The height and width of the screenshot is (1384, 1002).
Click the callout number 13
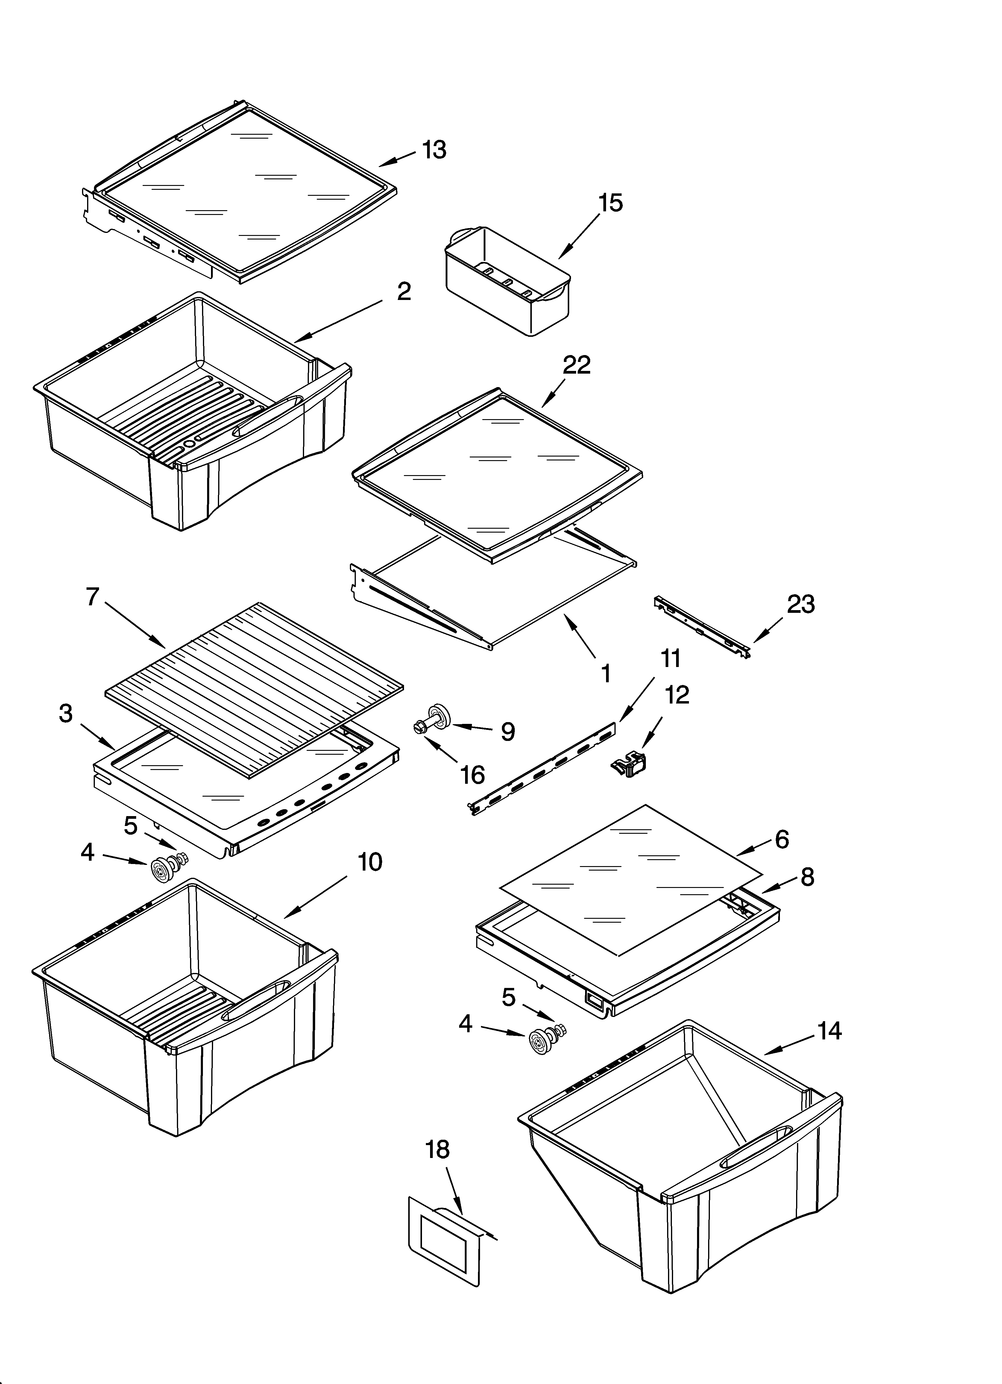(434, 149)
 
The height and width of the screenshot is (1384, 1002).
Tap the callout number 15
(610, 203)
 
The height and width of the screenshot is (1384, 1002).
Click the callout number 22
(577, 365)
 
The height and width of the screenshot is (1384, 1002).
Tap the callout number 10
(369, 862)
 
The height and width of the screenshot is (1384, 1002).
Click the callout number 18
(437, 1150)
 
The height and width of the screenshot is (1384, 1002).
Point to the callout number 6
(782, 840)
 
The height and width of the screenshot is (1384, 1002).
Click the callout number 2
(404, 292)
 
